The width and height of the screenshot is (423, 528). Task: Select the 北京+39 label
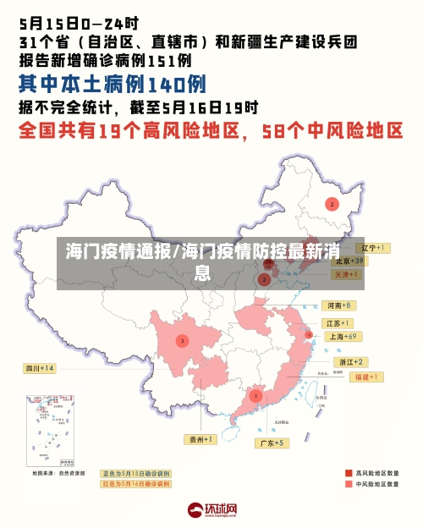(x=348, y=261)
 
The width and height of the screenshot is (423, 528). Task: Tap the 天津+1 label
(x=348, y=275)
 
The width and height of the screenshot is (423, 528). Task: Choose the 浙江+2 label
(x=349, y=361)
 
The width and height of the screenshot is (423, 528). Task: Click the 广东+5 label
(x=272, y=443)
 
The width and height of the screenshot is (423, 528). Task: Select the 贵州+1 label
(x=201, y=439)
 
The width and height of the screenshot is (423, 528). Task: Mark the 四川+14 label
(x=38, y=368)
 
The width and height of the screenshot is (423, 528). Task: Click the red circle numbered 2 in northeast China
(x=332, y=204)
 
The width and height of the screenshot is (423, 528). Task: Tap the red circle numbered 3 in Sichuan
(x=182, y=341)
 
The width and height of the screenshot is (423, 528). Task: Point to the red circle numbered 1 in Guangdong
(x=255, y=395)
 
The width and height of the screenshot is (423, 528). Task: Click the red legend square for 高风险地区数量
(x=349, y=473)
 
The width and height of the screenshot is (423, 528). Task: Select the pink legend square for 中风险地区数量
(x=349, y=485)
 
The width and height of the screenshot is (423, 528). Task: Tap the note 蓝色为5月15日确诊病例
(x=135, y=473)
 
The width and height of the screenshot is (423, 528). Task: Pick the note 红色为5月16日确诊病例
(x=135, y=484)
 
